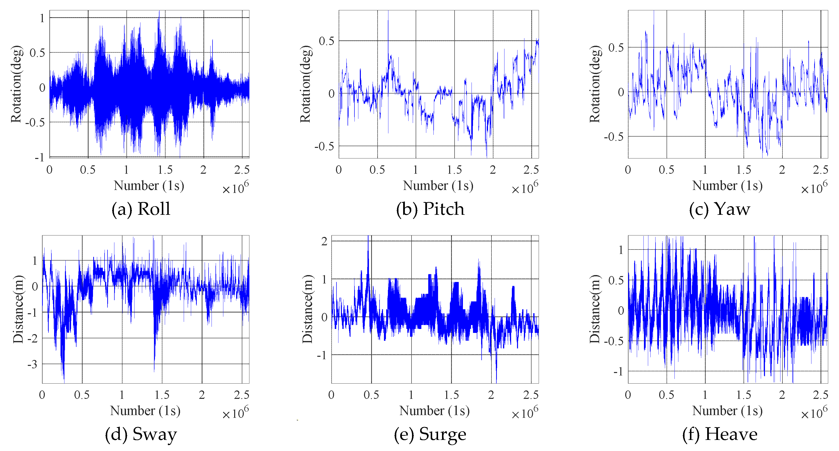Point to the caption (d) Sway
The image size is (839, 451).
(x=141, y=434)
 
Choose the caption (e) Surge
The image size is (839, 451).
(x=430, y=434)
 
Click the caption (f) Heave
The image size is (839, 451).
(x=720, y=434)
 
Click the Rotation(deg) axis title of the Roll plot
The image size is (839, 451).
(x=16, y=84)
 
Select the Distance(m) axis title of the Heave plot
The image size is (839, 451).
(x=595, y=309)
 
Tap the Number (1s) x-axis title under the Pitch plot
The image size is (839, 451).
(x=438, y=186)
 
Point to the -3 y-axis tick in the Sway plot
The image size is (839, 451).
(x=32, y=364)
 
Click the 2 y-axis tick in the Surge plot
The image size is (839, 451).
(x=324, y=241)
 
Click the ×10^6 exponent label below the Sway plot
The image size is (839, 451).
(x=235, y=413)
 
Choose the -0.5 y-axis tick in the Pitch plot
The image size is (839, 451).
(x=324, y=146)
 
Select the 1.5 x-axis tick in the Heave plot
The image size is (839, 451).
(x=744, y=395)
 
